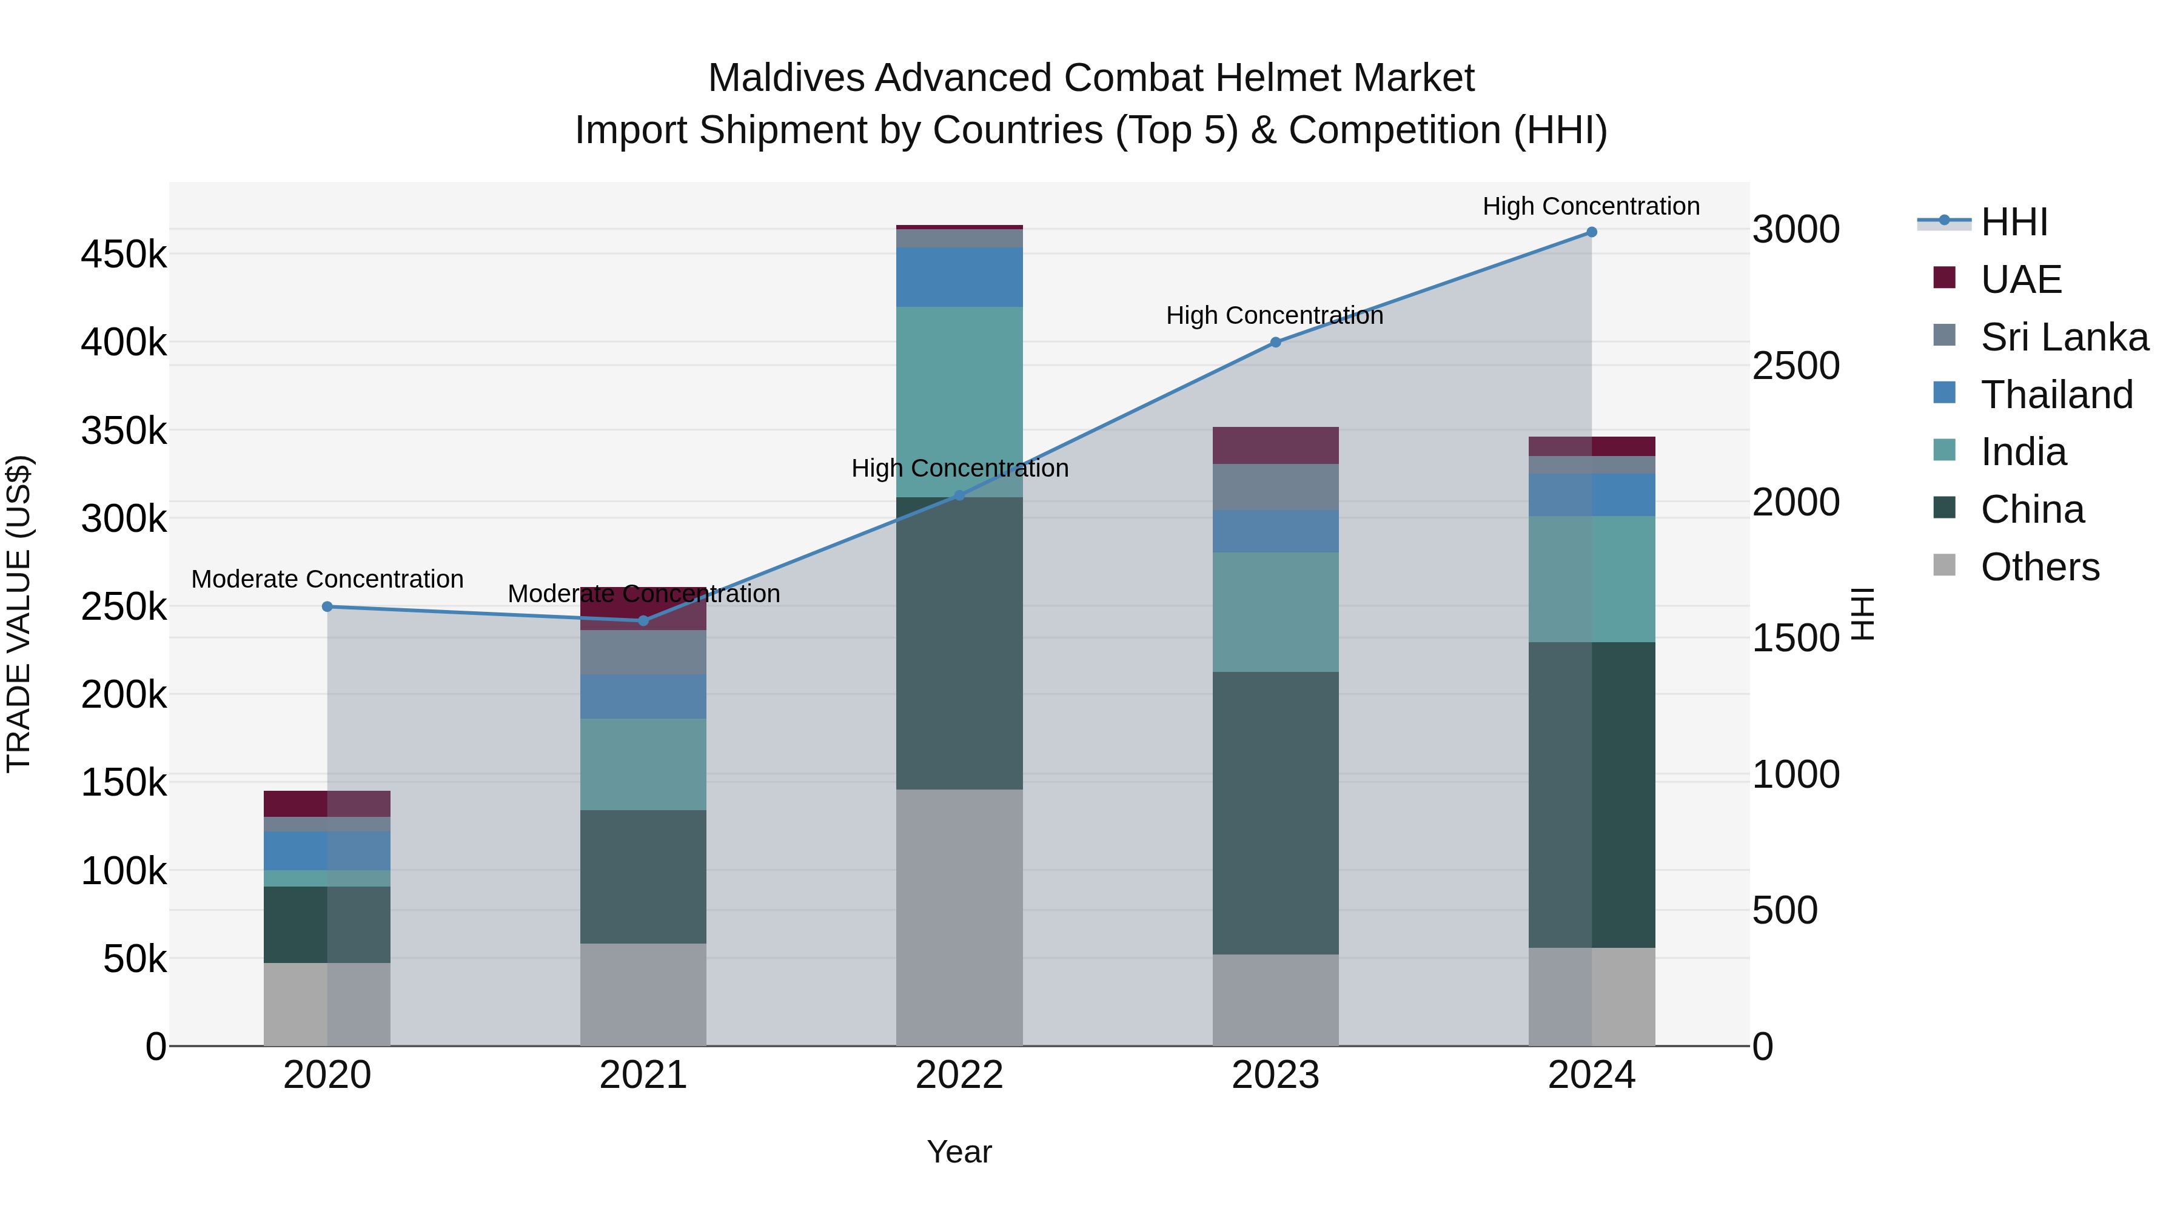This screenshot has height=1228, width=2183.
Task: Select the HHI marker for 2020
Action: (327, 607)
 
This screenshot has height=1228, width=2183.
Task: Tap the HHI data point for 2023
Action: (1275, 343)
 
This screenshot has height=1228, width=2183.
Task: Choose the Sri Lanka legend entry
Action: (2064, 337)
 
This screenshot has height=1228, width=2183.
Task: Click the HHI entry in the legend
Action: (2013, 222)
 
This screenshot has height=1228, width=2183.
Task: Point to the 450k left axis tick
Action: (124, 254)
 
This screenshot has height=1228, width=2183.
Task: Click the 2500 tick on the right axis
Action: (1796, 366)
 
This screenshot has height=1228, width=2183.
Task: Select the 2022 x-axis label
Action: (959, 1075)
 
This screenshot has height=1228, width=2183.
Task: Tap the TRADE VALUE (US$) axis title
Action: (19, 614)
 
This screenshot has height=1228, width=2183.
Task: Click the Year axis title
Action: (959, 1152)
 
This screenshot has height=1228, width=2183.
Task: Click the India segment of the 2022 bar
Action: (959, 401)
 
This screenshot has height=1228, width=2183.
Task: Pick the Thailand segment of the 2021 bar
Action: (643, 697)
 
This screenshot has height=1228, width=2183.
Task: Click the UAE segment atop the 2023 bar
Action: (1275, 445)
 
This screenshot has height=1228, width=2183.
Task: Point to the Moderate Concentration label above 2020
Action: (327, 580)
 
